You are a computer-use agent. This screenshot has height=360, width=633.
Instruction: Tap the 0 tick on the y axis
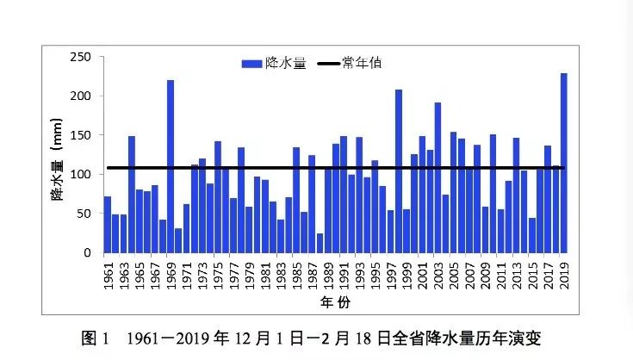[x=87, y=253]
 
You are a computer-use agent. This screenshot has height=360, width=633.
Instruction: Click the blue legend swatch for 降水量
[x=251, y=64]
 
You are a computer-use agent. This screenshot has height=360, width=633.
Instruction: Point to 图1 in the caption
[x=94, y=338]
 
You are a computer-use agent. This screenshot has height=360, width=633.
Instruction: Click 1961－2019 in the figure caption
[x=164, y=338]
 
